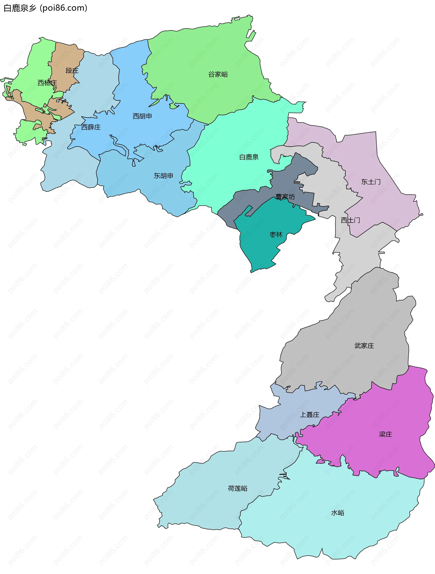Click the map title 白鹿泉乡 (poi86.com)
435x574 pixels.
click(x=46, y=8)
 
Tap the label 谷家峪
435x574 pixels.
click(x=218, y=74)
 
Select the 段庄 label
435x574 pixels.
click(x=72, y=71)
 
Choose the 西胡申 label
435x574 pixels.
click(x=142, y=116)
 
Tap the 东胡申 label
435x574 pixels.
click(x=163, y=176)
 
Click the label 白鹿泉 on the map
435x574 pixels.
click(x=249, y=157)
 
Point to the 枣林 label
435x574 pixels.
click(x=276, y=235)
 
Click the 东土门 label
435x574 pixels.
click(x=371, y=182)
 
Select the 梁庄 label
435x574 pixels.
click(x=385, y=434)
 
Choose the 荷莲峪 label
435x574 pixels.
click(x=237, y=488)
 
